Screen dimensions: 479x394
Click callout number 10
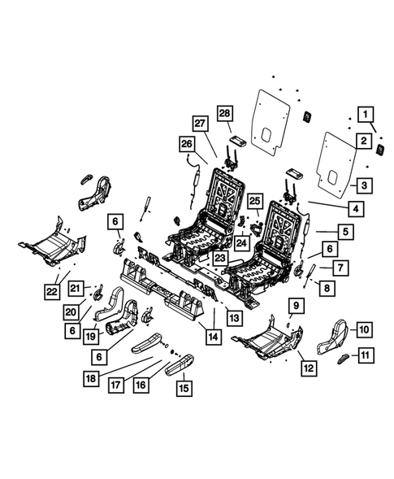[364, 329]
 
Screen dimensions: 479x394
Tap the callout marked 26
[188, 145]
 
